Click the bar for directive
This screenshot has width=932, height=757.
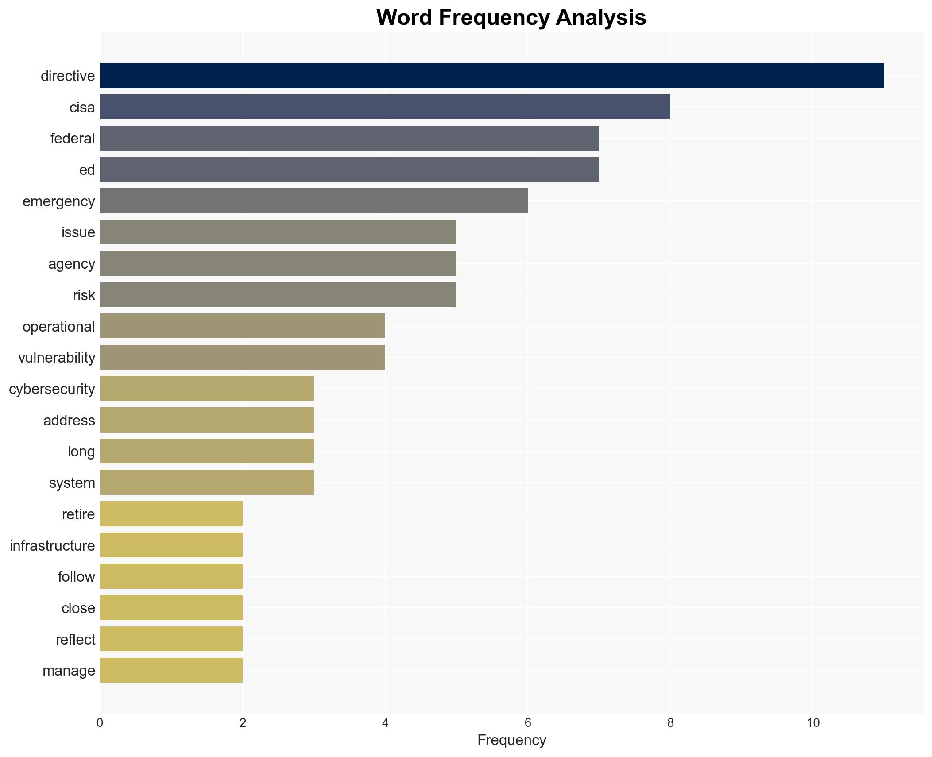click(x=491, y=76)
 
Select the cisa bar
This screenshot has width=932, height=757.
click(x=385, y=107)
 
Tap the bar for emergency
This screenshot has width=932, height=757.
click(x=313, y=201)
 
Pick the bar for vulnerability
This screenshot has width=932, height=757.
click(x=242, y=357)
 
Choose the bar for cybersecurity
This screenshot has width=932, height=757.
click(x=207, y=389)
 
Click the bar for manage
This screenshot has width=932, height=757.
click(x=171, y=670)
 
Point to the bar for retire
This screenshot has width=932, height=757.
click(x=171, y=514)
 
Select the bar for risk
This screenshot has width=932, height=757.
click(x=278, y=295)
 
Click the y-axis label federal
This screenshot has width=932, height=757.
click(x=73, y=139)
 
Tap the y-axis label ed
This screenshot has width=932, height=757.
click(x=87, y=170)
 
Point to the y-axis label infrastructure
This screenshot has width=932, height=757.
click(x=52, y=545)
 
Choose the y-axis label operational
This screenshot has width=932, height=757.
click(x=59, y=326)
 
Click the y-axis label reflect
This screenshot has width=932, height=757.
click(x=75, y=639)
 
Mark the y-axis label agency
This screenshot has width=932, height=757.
click(x=72, y=264)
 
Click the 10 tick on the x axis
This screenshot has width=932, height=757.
click(x=812, y=723)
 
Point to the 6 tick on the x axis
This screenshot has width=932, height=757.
click(x=527, y=723)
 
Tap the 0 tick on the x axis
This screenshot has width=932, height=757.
click(x=100, y=723)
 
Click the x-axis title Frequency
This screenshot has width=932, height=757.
click(x=511, y=740)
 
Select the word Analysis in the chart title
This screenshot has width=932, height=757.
click(x=601, y=18)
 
